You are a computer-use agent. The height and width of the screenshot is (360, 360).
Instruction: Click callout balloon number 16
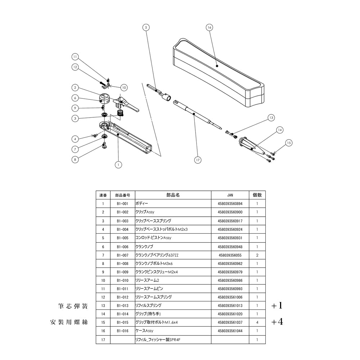click(210, 27)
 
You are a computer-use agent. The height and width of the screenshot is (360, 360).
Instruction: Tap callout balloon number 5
click(146, 27)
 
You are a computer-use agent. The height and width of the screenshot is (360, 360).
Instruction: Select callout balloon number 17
click(198, 161)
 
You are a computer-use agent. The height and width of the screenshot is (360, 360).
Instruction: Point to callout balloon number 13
click(271, 118)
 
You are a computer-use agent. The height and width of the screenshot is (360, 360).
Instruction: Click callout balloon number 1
click(117, 165)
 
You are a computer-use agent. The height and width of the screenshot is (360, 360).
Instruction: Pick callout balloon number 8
click(75, 159)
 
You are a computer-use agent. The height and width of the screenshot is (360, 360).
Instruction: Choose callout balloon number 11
click(75, 57)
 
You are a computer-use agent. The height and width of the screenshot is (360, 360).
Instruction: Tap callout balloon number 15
click(289, 143)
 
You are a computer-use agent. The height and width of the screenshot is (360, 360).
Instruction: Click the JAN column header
click(230, 195)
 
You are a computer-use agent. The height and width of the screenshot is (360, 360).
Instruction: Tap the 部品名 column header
click(173, 195)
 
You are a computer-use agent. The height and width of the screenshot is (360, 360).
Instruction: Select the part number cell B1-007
click(123, 255)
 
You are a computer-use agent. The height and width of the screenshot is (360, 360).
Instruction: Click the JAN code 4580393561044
click(230, 331)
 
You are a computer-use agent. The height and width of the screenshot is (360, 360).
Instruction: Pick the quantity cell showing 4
click(257, 322)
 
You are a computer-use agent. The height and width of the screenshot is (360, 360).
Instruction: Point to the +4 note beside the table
click(277, 322)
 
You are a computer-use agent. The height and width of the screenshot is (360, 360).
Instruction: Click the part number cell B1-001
click(123, 204)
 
